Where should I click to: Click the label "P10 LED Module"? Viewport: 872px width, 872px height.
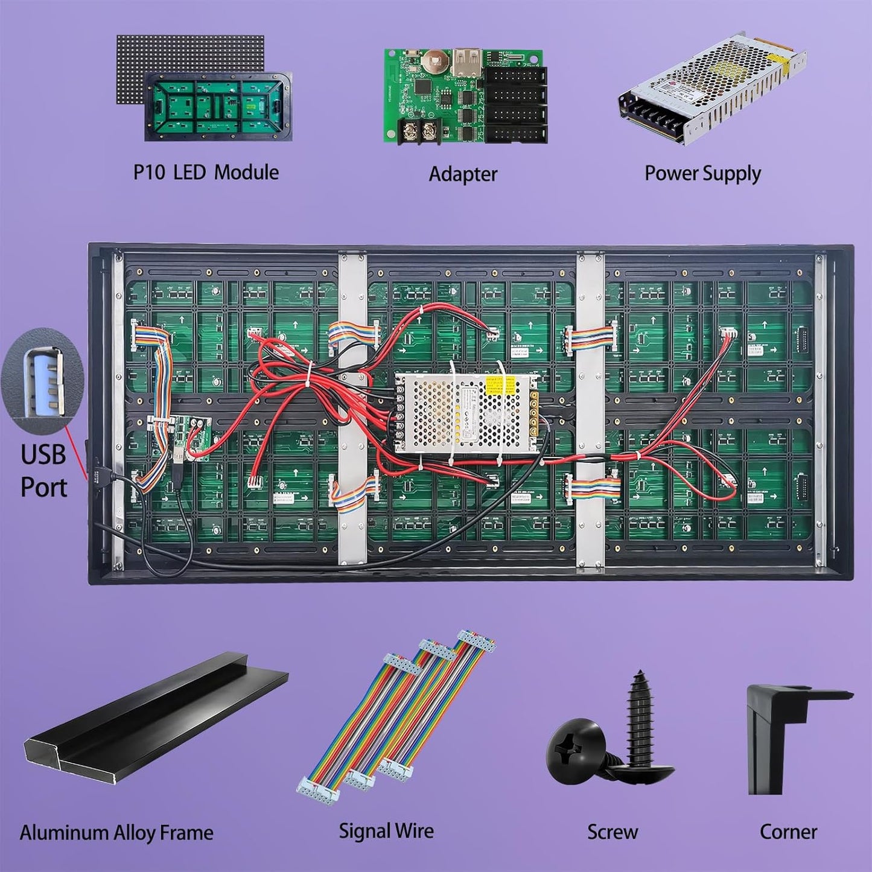(206, 173)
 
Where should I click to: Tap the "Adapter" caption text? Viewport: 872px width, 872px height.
(463, 174)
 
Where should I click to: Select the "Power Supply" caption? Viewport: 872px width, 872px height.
(702, 173)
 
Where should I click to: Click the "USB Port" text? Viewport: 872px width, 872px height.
(43, 471)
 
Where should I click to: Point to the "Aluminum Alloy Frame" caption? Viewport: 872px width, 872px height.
(116, 833)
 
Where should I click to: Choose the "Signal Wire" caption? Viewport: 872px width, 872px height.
(386, 831)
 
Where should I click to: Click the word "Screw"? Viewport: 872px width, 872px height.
(613, 832)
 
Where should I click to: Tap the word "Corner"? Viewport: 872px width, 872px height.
(788, 832)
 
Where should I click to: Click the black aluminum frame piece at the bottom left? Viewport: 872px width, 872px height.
(151, 718)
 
